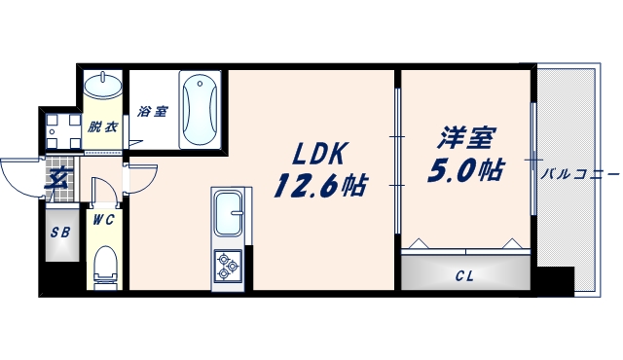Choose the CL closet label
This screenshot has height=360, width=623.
(x=464, y=275)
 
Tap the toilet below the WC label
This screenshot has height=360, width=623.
(x=104, y=266)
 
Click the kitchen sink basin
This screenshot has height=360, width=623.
(x=232, y=215)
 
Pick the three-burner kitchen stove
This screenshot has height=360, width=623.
(x=230, y=265)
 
